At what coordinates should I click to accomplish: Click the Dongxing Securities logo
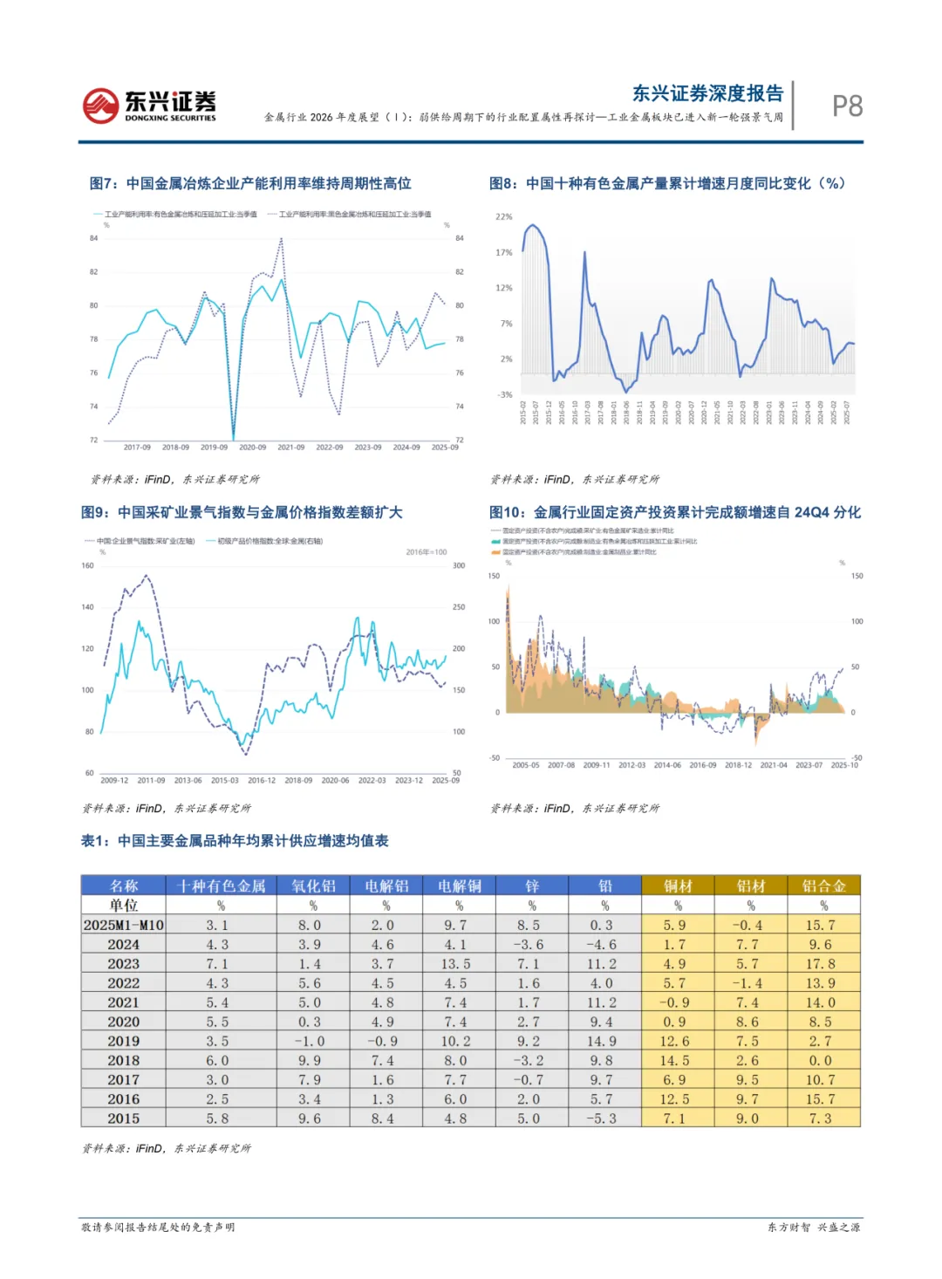point(149,106)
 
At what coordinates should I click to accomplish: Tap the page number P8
point(847,106)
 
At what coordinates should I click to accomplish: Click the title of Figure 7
point(250,183)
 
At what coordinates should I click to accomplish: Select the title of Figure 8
point(667,183)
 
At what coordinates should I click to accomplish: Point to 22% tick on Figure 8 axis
point(504,216)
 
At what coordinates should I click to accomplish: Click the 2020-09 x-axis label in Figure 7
point(253,448)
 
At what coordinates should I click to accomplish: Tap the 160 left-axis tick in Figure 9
point(88,565)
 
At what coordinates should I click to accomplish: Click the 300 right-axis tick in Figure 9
point(459,565)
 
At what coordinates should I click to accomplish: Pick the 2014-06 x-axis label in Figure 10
point(667,765)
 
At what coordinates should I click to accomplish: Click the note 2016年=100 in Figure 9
point(427,552)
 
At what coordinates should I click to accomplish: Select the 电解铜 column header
point(459,886)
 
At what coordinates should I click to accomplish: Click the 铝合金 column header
point(823,886)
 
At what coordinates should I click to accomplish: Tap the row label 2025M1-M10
point(124,925)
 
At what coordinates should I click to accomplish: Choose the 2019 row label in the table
point(124,1041)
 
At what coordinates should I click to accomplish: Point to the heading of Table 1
point(235,841)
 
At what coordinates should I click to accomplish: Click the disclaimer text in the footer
point(158,1227)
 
